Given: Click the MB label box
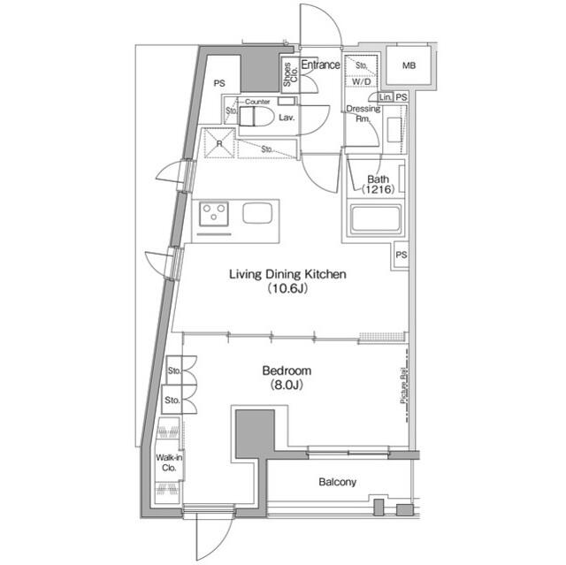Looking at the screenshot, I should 408,66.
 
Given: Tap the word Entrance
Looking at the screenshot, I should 320,65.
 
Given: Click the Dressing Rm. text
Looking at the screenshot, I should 363,113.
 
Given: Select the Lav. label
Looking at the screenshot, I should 287,117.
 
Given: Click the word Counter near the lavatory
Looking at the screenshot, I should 257,102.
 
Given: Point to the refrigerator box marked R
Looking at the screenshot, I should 217,142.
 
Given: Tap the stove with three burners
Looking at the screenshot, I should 213,214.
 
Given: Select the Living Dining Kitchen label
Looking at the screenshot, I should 287,274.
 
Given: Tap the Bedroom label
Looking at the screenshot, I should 287,371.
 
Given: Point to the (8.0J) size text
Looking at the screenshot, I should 287,386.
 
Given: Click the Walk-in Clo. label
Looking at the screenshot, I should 169,462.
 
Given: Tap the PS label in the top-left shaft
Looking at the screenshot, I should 219,83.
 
